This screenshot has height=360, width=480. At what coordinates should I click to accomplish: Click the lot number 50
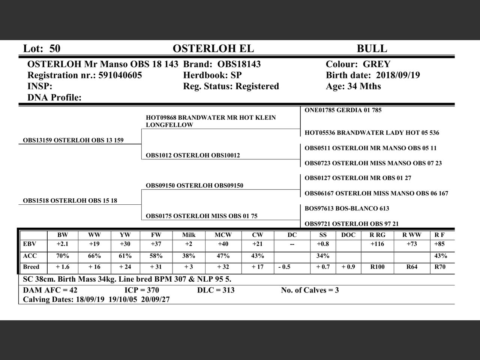(55, 48)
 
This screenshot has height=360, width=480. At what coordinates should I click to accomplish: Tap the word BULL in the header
(372, 48)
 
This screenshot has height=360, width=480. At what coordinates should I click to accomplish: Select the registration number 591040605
(120, 75)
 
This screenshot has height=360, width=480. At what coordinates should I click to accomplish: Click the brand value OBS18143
(239, 64)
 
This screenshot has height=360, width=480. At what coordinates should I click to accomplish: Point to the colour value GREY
(376, 64)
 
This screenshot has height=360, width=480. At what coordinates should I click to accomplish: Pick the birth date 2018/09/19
(398, 75)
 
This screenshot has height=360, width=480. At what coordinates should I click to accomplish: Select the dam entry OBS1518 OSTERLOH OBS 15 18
(70, 201)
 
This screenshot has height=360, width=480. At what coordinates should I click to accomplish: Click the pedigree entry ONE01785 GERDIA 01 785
(343, 110)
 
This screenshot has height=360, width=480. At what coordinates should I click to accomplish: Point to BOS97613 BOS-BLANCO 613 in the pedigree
(347, 208)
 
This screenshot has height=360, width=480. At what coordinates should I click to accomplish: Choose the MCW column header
(223, 235)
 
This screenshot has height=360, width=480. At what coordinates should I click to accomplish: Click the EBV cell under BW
(63, 244)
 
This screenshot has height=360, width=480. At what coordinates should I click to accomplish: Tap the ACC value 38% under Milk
(189, 256)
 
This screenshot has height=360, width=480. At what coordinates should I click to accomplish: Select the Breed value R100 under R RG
(377, 267)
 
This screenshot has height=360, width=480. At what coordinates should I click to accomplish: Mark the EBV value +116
(377, 244)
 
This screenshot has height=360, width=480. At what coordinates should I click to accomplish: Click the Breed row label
(31, 267)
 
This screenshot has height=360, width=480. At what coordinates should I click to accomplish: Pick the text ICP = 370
(142, 290)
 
